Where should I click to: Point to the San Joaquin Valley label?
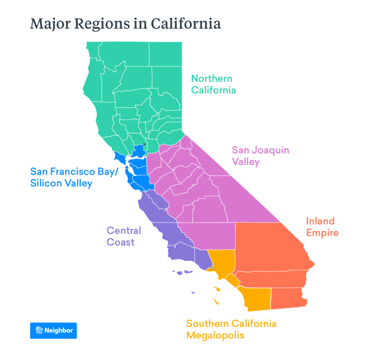[x=260, y=156]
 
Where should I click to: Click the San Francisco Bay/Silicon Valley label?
[x=74, y=177]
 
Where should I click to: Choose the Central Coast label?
[x=123, y=236]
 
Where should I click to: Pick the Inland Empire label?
[x=322, y=227]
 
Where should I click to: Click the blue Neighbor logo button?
[x=53, y=330]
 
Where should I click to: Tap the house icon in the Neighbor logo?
[x=39, y=330]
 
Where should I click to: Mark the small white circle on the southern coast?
[x=212, y=268]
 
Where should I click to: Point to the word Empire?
[x=322, y=233]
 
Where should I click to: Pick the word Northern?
[x=212, y=78]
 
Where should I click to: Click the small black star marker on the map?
[x=144, y=145]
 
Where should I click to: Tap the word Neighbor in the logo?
[x=58, y=330]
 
